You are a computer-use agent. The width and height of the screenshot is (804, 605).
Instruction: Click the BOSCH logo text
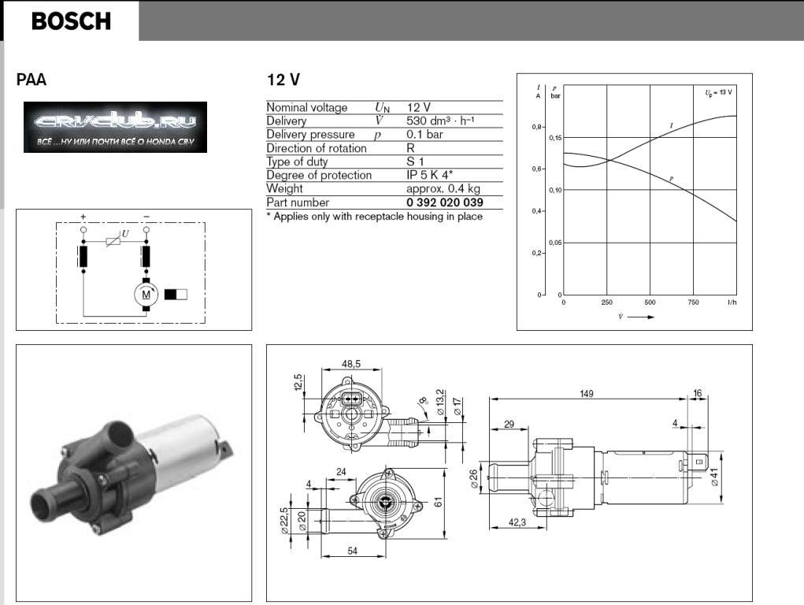click(71, 21)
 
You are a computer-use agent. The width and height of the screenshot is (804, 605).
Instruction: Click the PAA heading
click(31, 80)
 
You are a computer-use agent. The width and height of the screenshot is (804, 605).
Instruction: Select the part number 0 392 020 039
click(444, 202)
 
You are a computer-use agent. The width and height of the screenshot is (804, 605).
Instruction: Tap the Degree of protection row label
click(318, 175)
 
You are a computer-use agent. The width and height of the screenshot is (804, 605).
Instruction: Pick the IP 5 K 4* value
click(429, 175)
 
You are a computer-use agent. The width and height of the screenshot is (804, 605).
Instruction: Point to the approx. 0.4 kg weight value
click(443, 189)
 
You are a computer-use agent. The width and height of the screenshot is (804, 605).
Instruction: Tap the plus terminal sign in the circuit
click(83, 217)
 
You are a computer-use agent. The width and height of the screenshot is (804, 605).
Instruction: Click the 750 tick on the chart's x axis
click(693, 302)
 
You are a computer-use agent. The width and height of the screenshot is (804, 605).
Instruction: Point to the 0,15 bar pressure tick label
click(556, 138)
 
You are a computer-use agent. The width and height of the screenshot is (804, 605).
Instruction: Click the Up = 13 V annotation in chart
click(718, 92)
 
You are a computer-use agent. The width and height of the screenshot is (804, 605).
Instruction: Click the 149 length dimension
click(587, 393)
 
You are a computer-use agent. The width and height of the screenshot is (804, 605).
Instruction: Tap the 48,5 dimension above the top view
click(352, 364)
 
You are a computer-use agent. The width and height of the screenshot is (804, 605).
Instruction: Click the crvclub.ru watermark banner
click(115, 127)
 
